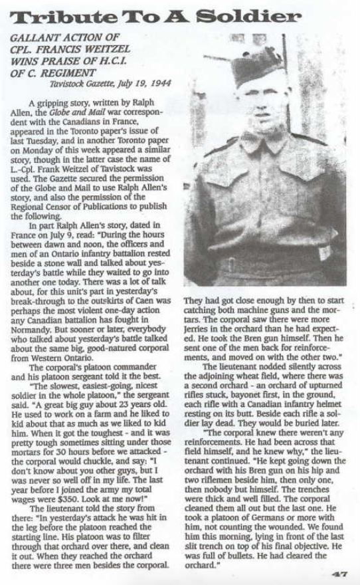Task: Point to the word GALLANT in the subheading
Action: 33,41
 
